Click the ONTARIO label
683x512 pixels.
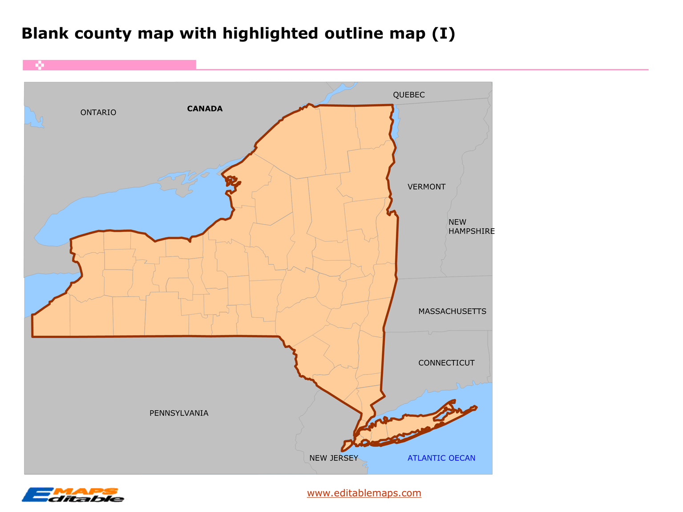pyautogui.click(x=98, y=113)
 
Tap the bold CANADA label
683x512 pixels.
pyautogui.click(x=205, y=109)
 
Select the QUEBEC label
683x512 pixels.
pyautogui.click(x=408, y=95)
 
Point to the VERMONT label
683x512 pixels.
pyautogui.click(x=426, y=187)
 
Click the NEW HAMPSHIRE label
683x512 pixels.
pyautogui.click(x=471, y=226)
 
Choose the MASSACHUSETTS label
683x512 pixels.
pyautogui.click(x=452, y=311)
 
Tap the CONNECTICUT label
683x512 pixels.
pyautogui.click(x=446, y=363)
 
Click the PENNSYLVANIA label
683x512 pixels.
pyautogui.click(x=179, y=413)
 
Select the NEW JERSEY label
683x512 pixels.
pyautogui.click(x=334, y=458)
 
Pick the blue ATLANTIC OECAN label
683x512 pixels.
pyautogui.click(x=441, y=458)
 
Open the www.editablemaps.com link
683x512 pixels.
pyautogui.click(x=364, y=493)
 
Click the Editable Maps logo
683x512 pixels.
pyautogui.click(x=73, y=495)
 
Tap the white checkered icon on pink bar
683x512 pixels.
pyautogui.click(x=40, y=65)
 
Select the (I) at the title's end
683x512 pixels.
pyautogui.click(x=444, y=33)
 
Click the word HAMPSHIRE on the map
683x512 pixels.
pyautogui.click(x=472, y=231)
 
